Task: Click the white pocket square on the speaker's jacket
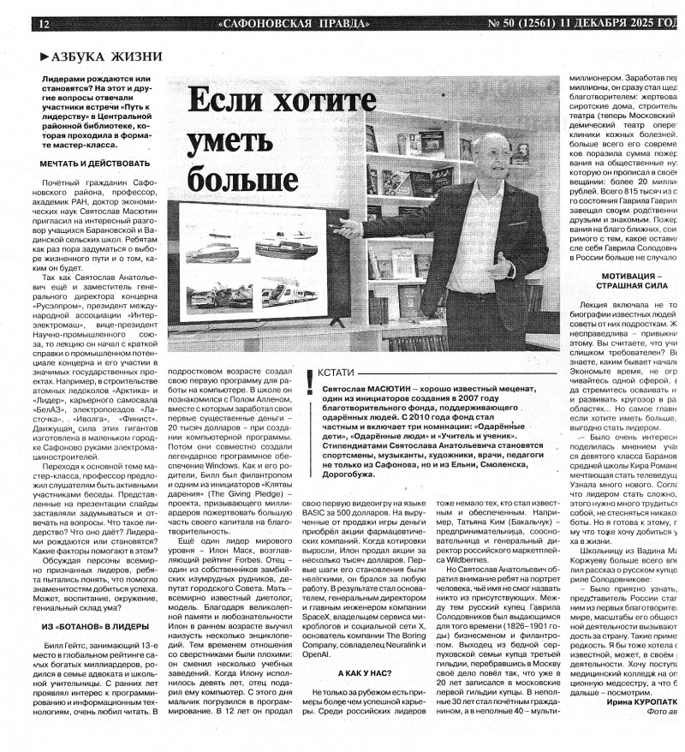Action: (x=537, y=214)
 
